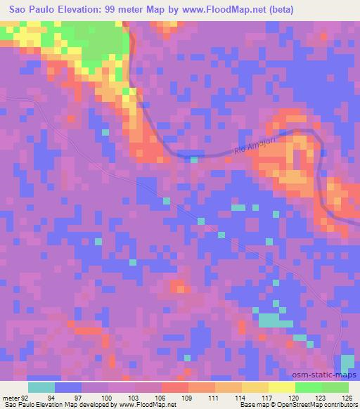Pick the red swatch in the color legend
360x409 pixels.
click(174, 387)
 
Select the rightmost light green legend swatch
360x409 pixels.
click(335, 387)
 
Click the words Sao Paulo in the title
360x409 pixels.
click(34, 11)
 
